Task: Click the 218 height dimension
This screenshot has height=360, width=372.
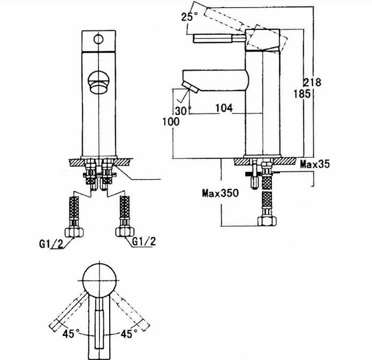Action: click(313, 82)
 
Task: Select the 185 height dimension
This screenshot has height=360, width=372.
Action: click(302, 94)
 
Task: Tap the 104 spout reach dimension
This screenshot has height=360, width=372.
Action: click(224, 108)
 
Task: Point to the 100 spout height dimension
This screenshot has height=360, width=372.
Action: click(171, 121)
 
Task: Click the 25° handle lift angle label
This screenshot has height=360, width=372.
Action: click(189, 17)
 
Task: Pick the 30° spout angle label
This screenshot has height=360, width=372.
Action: click(183, 111)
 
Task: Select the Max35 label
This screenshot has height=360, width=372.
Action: click(315, 164)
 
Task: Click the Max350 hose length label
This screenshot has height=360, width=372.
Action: click(221, 193)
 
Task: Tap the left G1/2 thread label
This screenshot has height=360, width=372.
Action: click(51, 244)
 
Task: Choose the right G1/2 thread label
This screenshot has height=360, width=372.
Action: click(144, 241)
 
